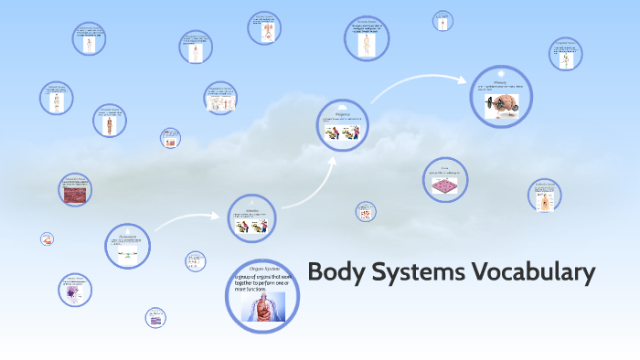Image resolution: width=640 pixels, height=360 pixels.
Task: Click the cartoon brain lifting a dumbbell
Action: coord(500,101)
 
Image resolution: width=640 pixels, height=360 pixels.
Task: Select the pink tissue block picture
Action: coord(445,185)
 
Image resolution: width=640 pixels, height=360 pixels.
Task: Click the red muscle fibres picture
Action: coord(74,192)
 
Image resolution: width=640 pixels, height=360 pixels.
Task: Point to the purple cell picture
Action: coord(72,293)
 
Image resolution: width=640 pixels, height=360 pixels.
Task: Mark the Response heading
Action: coord(343,115)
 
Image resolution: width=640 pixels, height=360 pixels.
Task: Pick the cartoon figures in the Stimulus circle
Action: coord(251,227)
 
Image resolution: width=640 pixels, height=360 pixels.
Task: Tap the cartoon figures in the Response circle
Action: coord(343,133)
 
